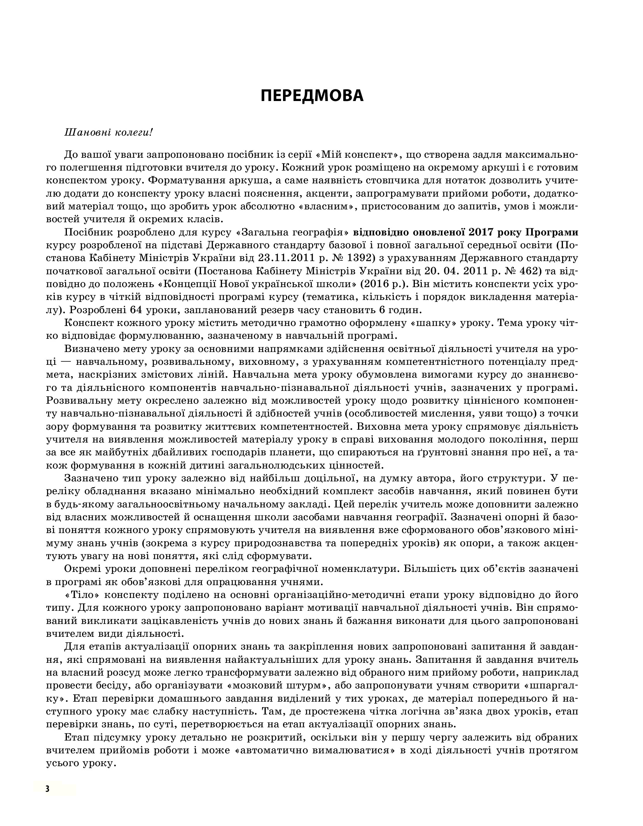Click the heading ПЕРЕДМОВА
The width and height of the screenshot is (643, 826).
(x=312, y=96)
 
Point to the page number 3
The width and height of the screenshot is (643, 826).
(x=47, y=788)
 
